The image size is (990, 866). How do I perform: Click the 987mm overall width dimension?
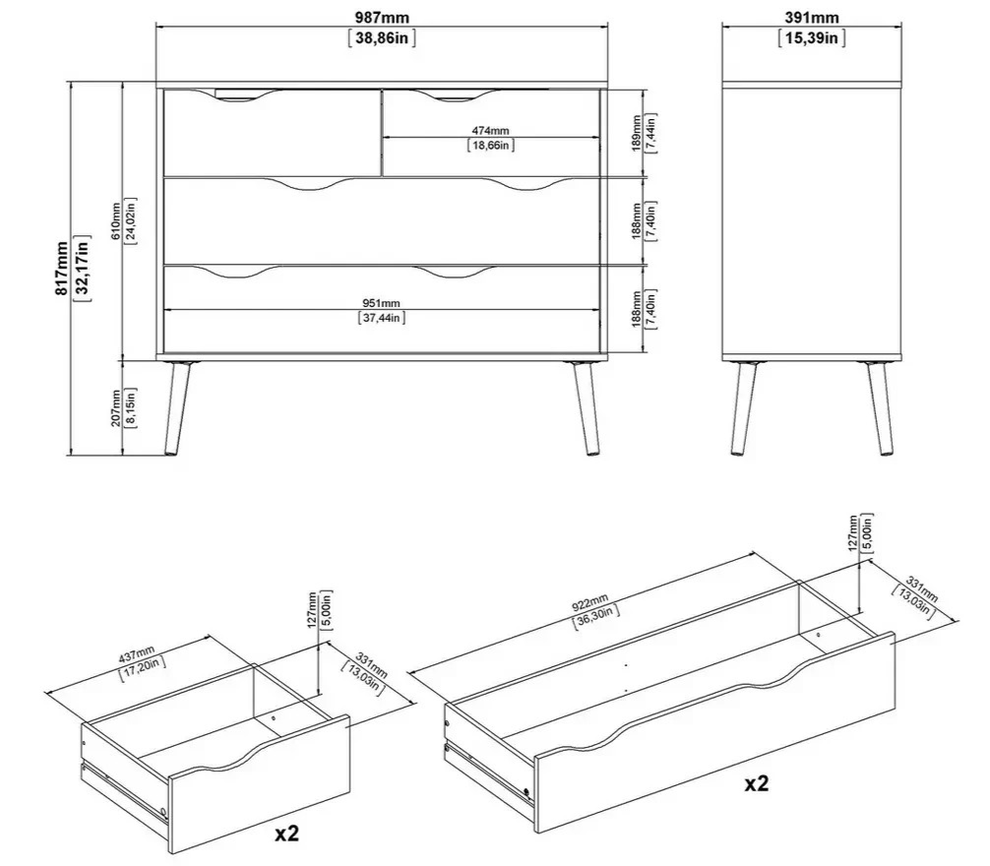[382, 18]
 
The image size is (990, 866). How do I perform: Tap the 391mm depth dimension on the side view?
[812, 17]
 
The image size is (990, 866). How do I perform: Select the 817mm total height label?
[61, 268]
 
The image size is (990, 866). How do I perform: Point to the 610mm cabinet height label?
[115, 220]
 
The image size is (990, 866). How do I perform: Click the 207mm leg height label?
[115, 408]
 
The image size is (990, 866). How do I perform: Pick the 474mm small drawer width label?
[491, 131]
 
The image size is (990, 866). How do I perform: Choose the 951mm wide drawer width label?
[382, 304]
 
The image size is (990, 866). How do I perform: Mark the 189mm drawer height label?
[637, 132]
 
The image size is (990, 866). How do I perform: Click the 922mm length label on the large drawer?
[589, 603]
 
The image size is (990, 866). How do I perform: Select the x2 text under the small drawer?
[286, 835]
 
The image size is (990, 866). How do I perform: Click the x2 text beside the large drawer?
[757, 783]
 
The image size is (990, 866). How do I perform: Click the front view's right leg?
[586, 407]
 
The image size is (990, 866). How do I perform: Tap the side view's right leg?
[880, 407]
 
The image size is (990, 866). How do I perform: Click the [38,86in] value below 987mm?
[382, 37]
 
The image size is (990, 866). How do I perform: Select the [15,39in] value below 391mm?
[812, 37]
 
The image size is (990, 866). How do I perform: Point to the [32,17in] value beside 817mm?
[82, 269]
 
